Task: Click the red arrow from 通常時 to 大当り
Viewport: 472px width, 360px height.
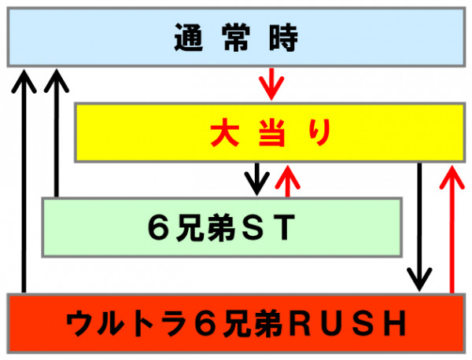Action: [271, 84]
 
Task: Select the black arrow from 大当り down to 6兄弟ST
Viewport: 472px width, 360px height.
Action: [256, 179]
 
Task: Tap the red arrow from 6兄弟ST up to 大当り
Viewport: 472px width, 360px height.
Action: [287, 181]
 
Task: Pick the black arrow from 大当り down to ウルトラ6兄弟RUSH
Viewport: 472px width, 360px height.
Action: [419, 227]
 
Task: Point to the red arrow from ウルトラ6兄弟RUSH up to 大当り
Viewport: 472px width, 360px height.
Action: [452, 229]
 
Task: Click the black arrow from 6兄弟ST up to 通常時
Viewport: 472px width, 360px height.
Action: [57, 133]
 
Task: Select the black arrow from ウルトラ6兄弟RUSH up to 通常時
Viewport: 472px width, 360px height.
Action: [24, 181]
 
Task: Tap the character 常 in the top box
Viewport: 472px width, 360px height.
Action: [236, 37]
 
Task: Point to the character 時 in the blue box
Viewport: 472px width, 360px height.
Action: [283, 37]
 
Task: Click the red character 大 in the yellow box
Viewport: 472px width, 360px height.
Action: [224, 133]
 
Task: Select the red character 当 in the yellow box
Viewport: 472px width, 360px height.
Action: [272, 133]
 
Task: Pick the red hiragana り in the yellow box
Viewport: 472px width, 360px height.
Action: [320, 133]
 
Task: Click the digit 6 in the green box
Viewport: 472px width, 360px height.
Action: [159, 227]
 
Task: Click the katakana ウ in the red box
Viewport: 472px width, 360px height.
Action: [80, 324]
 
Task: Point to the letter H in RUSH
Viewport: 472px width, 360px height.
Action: [395, 324]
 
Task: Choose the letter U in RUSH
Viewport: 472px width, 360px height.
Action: [331, 324]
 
